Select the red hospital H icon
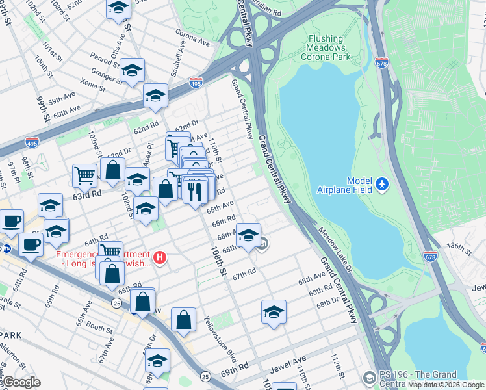click(x=160, y=258)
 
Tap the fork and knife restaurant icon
click(x=195, y=190)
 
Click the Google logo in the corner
click(x=22, y=382)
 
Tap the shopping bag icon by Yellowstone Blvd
click(x=184, y=320)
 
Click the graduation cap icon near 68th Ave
click(x=274, y=313)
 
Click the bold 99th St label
click(x=43, y=109)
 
